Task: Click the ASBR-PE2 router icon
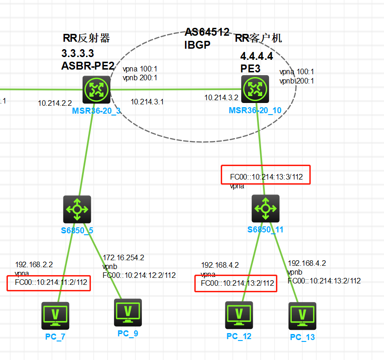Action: click(96, 90)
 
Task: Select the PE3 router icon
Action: click(255, 89)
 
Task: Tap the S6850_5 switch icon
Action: click(77, 209)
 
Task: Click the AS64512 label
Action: click(207, 32)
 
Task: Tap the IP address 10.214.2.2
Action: click(55, 103)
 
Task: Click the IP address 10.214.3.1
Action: click(147, 101)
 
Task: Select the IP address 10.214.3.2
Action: click(221, 98)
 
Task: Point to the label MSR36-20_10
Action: click(255, 111)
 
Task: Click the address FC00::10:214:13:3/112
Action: click(267, 177)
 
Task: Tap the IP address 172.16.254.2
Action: click(123, 257)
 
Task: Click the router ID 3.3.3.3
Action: click(77, 53)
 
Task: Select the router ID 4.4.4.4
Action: click(256, 57)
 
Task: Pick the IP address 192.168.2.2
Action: click(34, 265)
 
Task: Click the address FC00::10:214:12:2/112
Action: click(139, 275)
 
